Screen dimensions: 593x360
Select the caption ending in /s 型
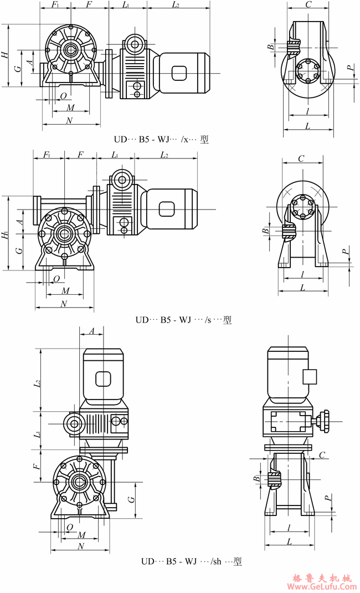tap(183, 320)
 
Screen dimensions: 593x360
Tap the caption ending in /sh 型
tap(191, 561)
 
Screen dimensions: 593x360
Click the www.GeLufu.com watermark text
tap(321, 586)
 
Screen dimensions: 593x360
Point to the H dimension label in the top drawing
tap(4, 54)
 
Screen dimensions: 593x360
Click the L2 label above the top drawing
tap(176, 5)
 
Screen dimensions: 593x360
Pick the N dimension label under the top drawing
tap(69, 120)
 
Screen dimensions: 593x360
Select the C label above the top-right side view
tap(308, 5)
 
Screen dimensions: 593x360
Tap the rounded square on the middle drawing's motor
tap(167, 208)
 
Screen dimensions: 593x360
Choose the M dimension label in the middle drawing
tap(65, 290)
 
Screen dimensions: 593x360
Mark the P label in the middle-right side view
tap(345, 252)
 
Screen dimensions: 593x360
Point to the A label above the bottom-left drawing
tap(92, 331)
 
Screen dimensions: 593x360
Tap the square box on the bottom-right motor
tap(309, 377)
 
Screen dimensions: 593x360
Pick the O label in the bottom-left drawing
tap(70, 526)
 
